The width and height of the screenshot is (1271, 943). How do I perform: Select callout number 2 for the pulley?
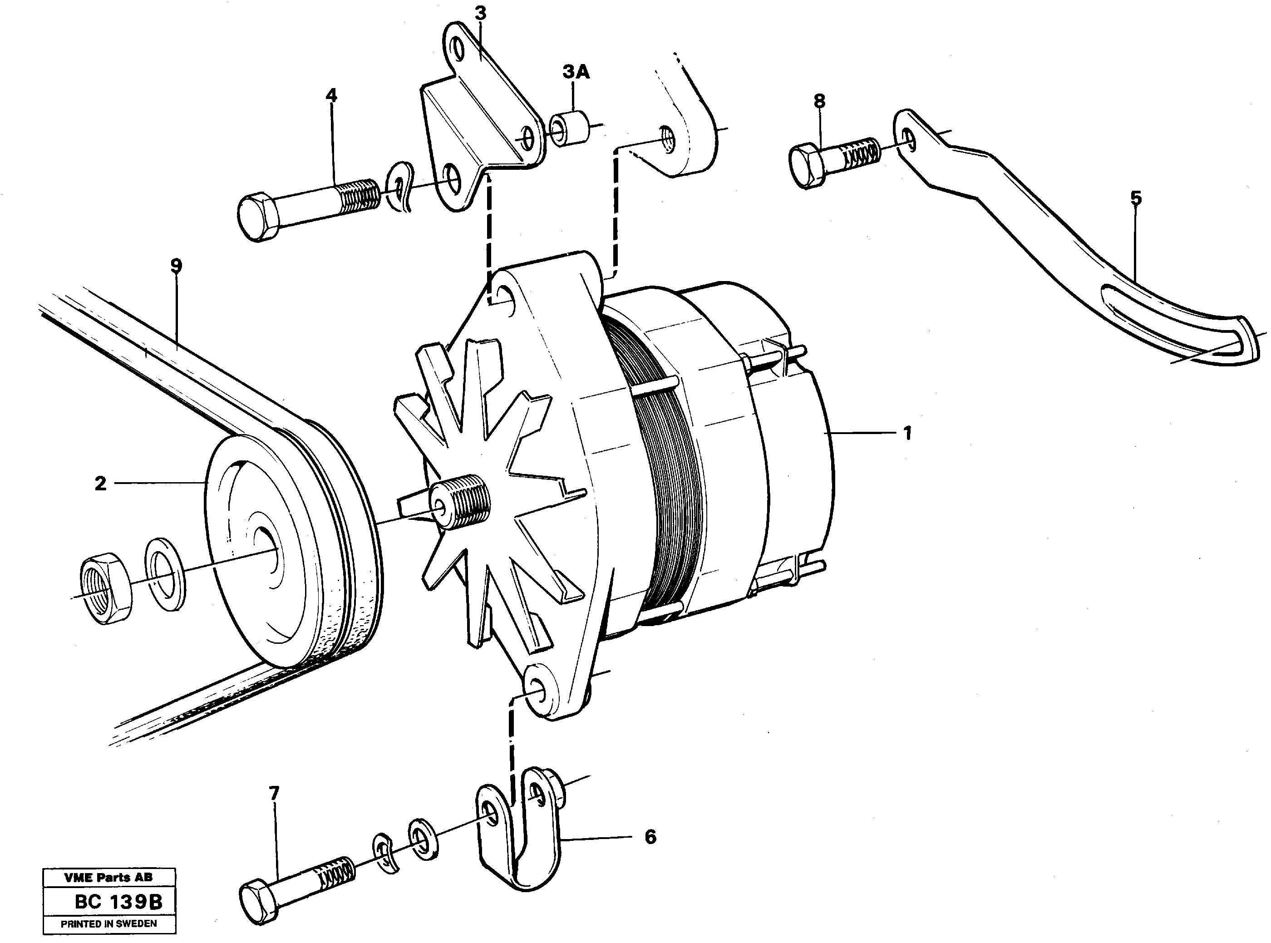pyautogui.click(x=100, y=484)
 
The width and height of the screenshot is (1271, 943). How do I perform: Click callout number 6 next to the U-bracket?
pyautogui.click(x=650, y=837)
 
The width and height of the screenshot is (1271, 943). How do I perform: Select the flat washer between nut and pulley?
pyautogui.click(x=165, y=574)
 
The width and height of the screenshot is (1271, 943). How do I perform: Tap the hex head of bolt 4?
pyautogui.click(x=258, y=217)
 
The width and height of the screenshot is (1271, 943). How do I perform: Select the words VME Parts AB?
pyautogui.click(x=108, y=877)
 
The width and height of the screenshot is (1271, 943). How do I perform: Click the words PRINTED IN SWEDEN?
pyautogui.click(x=108, y=923)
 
